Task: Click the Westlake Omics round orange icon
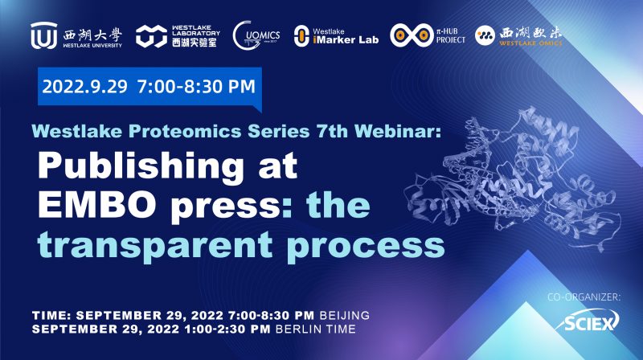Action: pos(485,35)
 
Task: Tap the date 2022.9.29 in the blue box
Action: pos(85,88)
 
